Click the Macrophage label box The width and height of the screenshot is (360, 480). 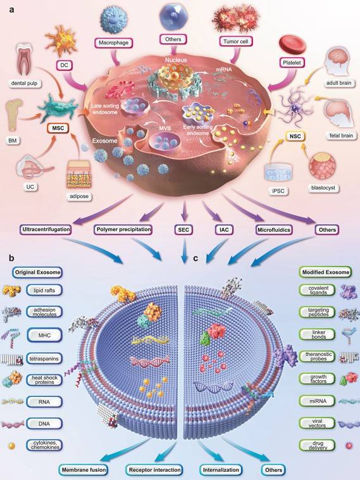pyautogui.click(x=115, y=43)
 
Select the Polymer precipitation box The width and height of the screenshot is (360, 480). pyautogui.click(x=125, y=227)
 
